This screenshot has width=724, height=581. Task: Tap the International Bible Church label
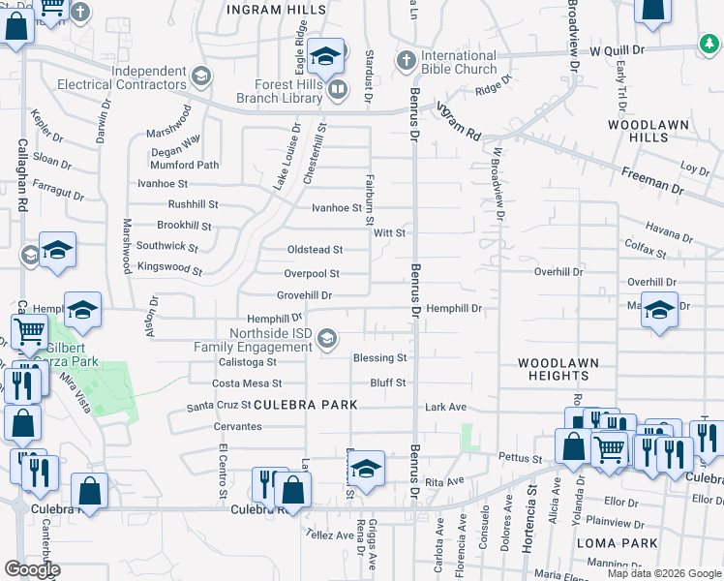(459, 63)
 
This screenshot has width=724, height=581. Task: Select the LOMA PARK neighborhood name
(610, 543)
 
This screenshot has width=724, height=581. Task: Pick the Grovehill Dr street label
(304, 295)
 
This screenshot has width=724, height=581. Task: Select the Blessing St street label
(379, 357)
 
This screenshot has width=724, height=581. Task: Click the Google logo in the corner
(32, 569)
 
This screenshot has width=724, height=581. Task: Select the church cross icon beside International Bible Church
(406, 61)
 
